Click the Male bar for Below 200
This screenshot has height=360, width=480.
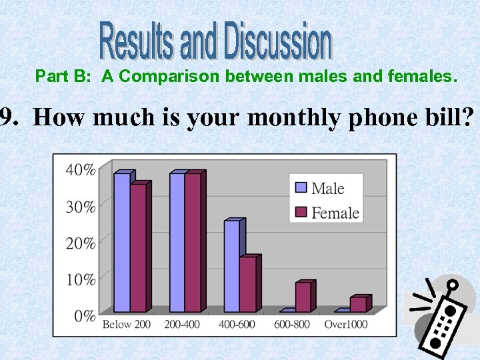[x=121, y=243]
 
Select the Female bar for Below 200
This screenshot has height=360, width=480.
[x=138, y=248]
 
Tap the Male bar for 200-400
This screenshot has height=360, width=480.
[x=177, y=243]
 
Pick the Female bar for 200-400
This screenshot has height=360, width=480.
[x=193, y=243]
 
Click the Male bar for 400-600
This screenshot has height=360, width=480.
[x=231, y=266]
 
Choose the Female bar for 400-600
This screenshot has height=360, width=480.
[x=247, y=285]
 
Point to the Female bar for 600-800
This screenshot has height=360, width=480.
[x=303, y=297]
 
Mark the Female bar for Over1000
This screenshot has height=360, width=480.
[x=358, y=305]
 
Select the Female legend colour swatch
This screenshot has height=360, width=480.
[x=301, y=213]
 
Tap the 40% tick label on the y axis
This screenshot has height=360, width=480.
[x=80, y=170]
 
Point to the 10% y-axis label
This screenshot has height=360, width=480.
[x=80, y=279]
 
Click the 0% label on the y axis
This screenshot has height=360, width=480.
[x=84, y=316]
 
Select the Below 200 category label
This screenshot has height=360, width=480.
[x=126, y=325]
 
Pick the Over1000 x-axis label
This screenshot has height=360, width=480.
[x=345, y=325]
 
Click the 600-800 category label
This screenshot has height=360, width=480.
[x=292, y=325]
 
